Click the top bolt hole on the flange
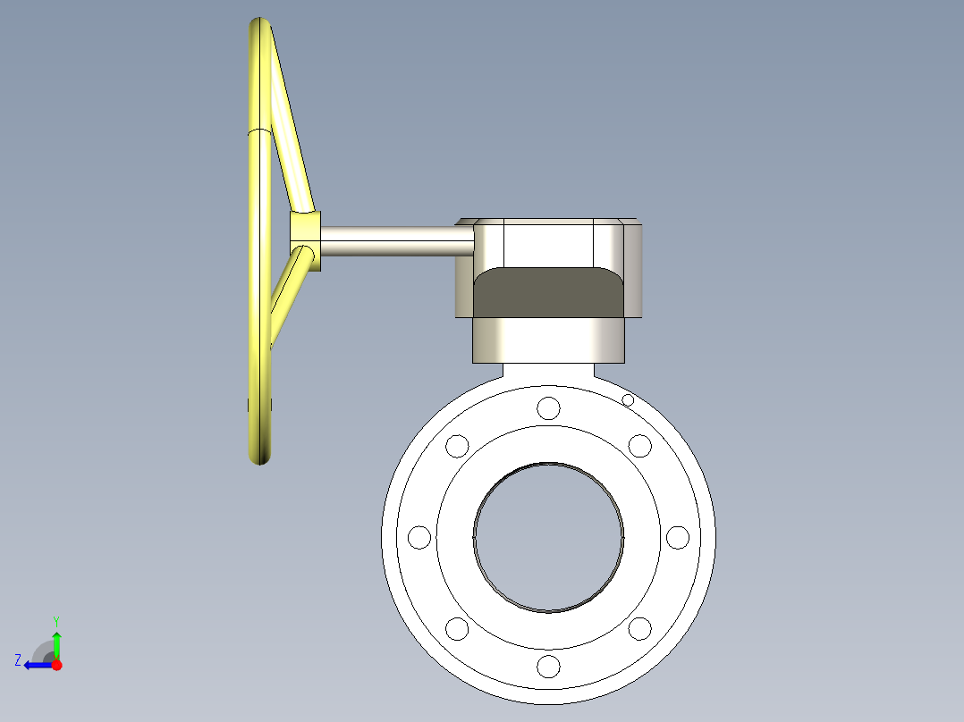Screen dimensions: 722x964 coord(548,408)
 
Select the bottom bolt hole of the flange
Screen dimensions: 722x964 coord(548,666)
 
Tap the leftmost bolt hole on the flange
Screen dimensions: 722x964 coord(419,537)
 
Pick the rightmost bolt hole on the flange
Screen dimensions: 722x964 coord(678,537)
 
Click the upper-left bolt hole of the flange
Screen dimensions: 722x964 coord(457,445)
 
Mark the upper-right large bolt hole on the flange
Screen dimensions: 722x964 coord(639,445)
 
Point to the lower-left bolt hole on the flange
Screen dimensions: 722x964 coord(457,629)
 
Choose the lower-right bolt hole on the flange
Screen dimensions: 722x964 coord(639,629)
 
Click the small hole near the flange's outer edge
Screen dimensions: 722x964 coord(628,400)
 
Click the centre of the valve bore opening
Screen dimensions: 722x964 coord(548,537)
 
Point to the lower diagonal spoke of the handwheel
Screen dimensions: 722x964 coord(288,295)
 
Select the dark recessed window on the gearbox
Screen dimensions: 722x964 coord(548,292)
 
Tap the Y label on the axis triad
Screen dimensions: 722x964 coord(55,619)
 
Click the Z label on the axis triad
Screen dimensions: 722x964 coord(18,660)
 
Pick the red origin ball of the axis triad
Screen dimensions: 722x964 coord(56,665)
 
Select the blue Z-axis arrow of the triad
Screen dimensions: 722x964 coord(36,665)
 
